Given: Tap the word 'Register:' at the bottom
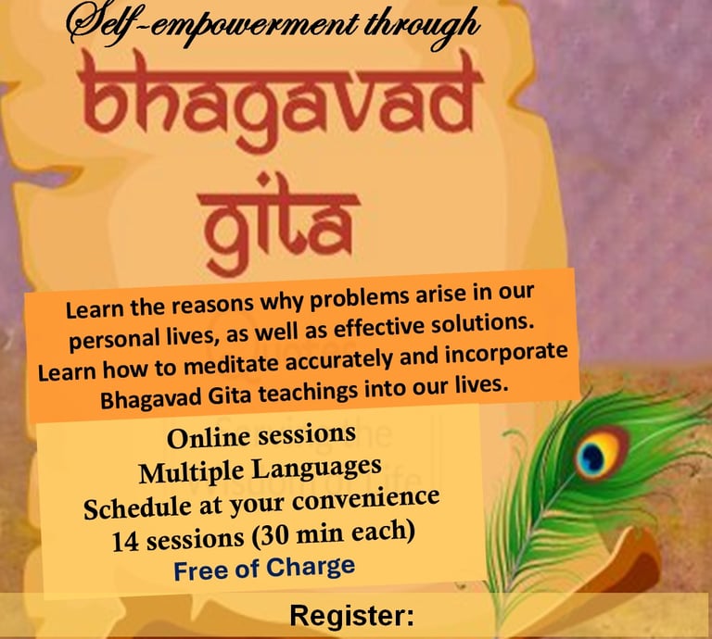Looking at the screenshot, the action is click(352, 616).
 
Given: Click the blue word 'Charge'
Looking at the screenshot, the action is click(311, 567).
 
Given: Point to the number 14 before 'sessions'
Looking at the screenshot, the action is click(125, 542).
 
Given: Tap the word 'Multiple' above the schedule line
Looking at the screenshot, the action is click(193, 472).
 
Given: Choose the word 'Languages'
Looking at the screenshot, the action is click(316, 469).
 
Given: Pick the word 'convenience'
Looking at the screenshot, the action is click(365, 499).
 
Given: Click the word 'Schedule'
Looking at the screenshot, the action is click(137, 507).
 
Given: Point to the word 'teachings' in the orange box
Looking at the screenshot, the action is click(309, 392).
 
